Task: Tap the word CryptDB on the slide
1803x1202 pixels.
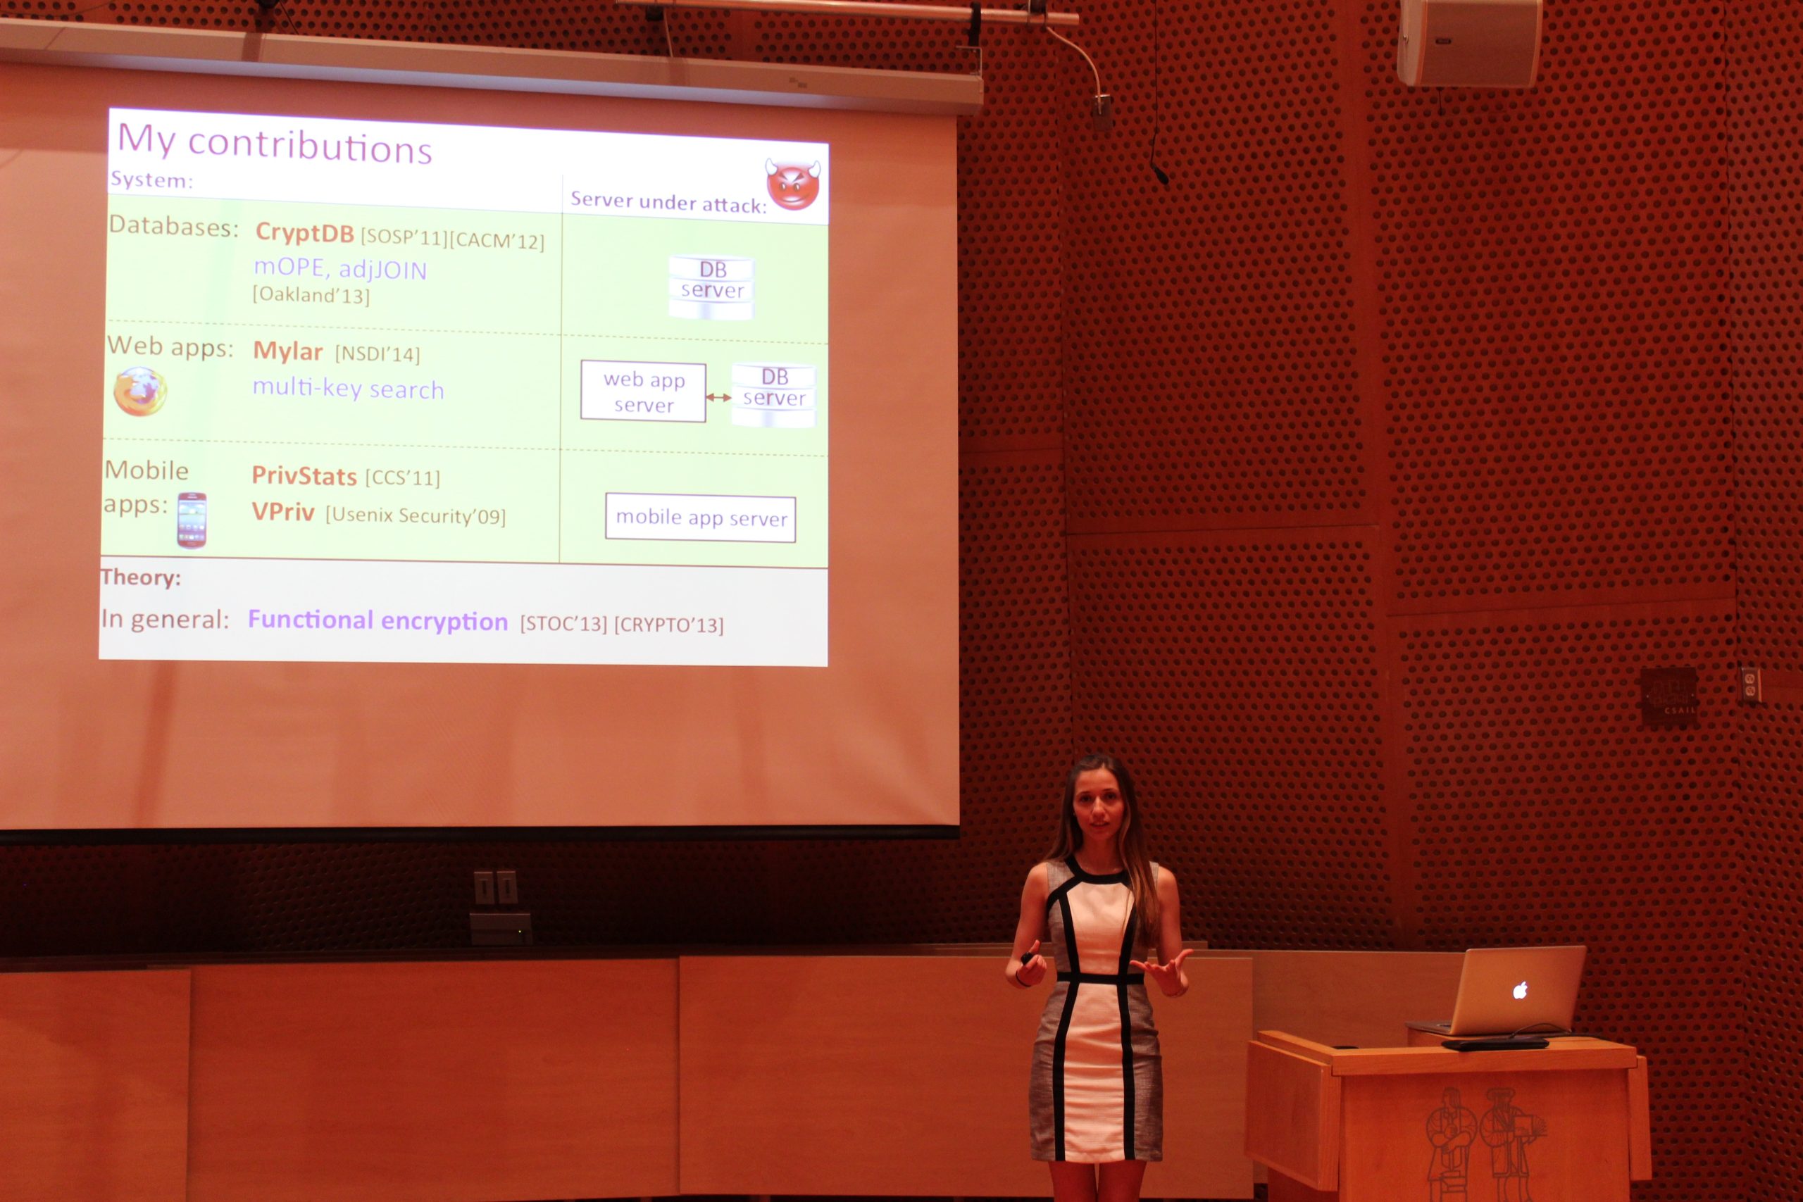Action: pyautogui.click(x=304, y=232)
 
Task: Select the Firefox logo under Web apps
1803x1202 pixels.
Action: pyautogui.click(x=140, y=392)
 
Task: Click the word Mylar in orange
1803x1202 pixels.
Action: pyautogui.click(x=287, y=351)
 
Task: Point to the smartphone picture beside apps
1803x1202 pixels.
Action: pyautogui.click(x=192, y=520)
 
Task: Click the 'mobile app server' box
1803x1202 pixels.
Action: pyautogui.click(x=701, y=518)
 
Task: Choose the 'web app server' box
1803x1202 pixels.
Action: pyautogui.click(x=643, y=392)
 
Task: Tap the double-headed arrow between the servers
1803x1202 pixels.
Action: pyautogui.click(x=718, y=397)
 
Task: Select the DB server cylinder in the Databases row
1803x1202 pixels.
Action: pyautogui.click(x=711, y=287)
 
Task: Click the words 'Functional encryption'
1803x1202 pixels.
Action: pyautogui.click(x=378, y=621)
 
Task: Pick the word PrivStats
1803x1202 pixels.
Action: pyautogui.click(x=304, y=476)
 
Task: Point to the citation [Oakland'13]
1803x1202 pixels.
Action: pyautogui.click(x=311, y=295)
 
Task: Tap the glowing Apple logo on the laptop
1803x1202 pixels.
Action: pyautogui.click(x=1519, y=991)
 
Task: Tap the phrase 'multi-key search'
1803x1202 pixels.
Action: pyautogui.click(x=349, y=389)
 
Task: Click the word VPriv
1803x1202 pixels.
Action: pyautogui.click(x=283, y=512)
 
